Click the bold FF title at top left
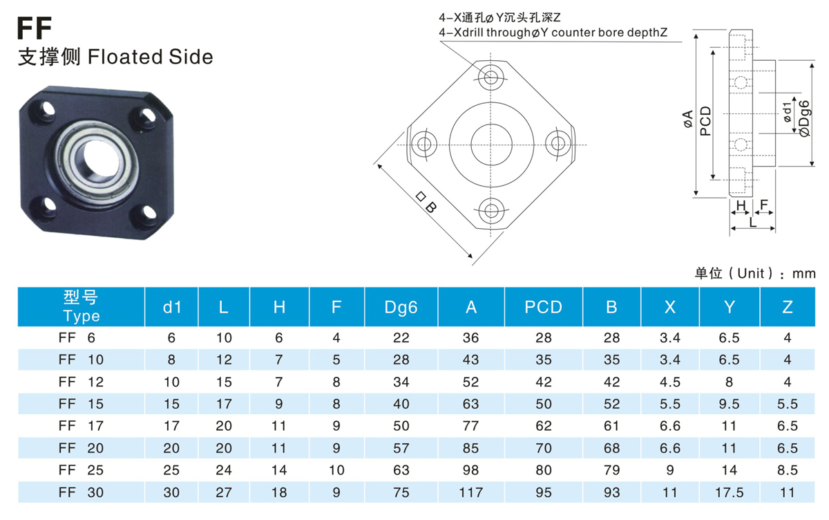pos(34,28)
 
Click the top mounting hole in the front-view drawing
pos(490,77)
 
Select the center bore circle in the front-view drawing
pos(491,124)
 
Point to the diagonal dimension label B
pos(426,202)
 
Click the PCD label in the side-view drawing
pos(706,121)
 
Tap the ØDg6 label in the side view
pos(804,118)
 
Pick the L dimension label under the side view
pos(752,222)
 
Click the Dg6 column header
pos(401,307)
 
